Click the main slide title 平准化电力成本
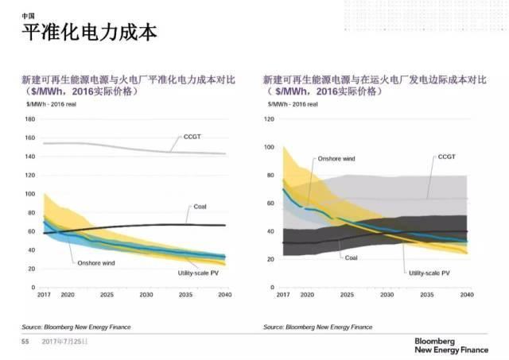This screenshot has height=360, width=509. [88, 33]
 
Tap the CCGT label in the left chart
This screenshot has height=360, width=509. [193, 137]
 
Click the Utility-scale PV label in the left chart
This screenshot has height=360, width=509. [198, 272]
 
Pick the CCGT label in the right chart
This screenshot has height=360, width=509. [447, 157]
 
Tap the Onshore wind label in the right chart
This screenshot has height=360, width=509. [336, 159]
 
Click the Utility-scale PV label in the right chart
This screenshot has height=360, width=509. [429, 273]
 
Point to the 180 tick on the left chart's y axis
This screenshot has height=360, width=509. [31, 119]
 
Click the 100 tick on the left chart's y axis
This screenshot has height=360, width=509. [31, 194]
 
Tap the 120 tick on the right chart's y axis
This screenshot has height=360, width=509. [269, 119]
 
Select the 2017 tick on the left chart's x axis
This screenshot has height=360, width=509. [44, 294]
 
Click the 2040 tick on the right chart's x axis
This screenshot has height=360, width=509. [467, 294]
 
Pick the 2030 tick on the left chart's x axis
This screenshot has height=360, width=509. [146, 294]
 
